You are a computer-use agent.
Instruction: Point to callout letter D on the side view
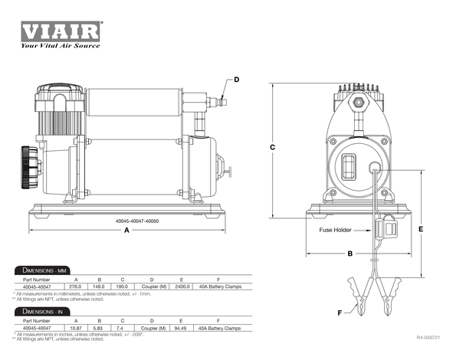(236, 80)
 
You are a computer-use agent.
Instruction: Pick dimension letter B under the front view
(349, 253)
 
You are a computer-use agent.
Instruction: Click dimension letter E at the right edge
(421, 227)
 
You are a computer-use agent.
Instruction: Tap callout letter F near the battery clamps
(340, 312)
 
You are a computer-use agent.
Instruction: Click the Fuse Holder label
(335, 230)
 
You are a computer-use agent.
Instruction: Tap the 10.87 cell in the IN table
(75, 328)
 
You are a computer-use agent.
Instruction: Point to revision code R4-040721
(432, 337)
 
